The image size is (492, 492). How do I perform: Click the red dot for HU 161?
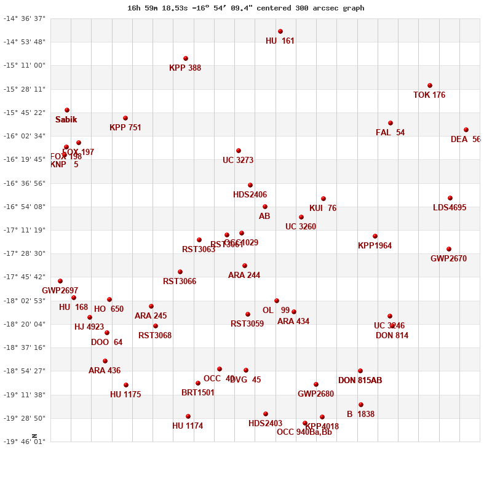pos(280,31)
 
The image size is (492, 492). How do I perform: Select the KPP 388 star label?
pos(185,68)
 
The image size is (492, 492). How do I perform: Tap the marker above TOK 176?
pos(430,85)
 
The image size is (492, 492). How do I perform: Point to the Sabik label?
pos(66,120)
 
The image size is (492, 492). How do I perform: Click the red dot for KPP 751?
pos(125,118)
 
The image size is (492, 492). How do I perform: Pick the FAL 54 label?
pos(390,133)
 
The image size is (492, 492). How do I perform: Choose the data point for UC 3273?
pos(239,151)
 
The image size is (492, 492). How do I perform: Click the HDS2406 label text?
pos(250,195)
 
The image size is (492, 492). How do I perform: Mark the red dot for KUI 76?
pos(323,199)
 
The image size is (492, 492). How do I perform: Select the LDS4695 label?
pos(450,208)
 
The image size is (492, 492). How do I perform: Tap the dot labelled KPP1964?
pos(375,236)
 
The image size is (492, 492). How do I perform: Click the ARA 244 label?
pos(244,276)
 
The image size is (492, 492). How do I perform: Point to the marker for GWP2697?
pos(60,281)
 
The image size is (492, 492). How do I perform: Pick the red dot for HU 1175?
pos(126,385)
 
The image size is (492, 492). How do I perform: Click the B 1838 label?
pos(360,415)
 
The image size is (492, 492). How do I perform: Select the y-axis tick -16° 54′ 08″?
pos(25,207)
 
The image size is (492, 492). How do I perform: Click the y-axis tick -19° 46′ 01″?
pos(25,442)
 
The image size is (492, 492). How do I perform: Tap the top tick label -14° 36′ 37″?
pos(25,18)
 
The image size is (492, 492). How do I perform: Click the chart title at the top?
pos(246,8)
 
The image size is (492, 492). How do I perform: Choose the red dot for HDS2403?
pos(266,414)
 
